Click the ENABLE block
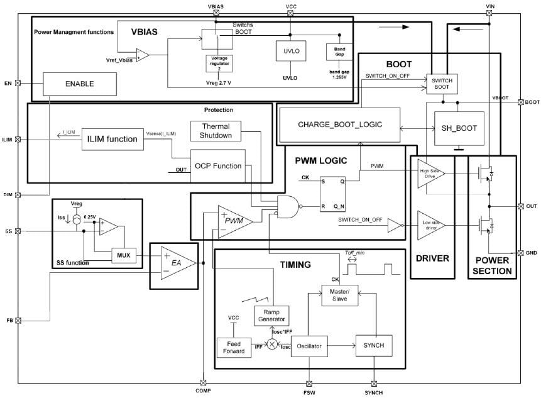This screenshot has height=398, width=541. [x=80, y=83]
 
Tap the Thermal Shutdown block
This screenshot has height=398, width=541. [x=216, y=131]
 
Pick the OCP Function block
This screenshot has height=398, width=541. [x=217, y=166]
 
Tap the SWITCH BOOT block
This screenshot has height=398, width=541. [x=442, y=84]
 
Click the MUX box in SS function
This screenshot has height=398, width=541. [x=123, y=255]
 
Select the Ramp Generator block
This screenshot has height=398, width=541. [x=271, y=315]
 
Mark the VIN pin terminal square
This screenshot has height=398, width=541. [x=490, y=11]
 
